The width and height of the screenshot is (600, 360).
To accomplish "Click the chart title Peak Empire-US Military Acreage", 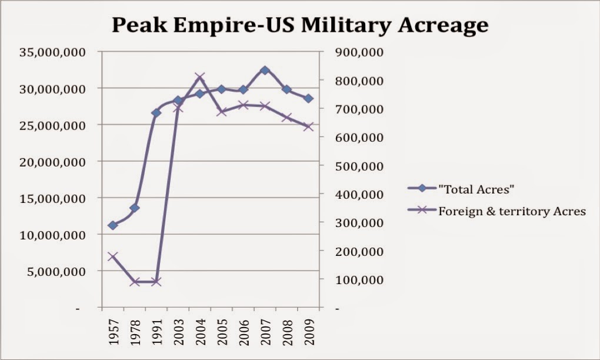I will pyautogui.click(x=300, y=25).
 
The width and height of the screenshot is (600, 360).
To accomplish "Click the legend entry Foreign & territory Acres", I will pyautogui.click(x=512, y=211).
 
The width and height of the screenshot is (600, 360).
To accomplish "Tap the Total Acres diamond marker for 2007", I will pyautogui.click(x=265, y=71).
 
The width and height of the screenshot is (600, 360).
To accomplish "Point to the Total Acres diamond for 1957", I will pyautogui.click(x=113, y=225).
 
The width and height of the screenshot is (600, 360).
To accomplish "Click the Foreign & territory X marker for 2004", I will pyautogui.click(x=200, y=77).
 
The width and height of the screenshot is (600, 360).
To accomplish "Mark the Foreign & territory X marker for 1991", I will pyautogui.click(x=156, y=282).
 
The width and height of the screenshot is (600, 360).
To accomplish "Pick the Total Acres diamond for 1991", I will pyautogui.click(x=156, y=112).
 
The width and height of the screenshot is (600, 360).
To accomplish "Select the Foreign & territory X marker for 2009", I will pyautogui.click(x=308, y=126).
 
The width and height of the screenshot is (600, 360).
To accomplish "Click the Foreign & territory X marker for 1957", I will pyautogui.click(x=113, y=256).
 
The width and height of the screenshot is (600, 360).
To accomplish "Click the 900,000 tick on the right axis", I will pyautogui.click(x=359, y=52).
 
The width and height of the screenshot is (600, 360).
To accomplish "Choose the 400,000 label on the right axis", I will pyautogui.click(x=359, y=194).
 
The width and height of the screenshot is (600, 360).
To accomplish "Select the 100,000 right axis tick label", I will pyautogui.click(x=359, y=280).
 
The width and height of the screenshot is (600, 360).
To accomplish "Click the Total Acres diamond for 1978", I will pyautogui.click(x=135, y=208).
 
